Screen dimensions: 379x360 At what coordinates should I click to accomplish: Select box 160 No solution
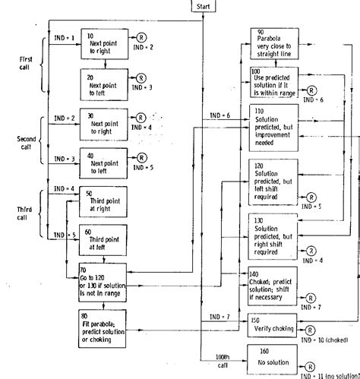272,356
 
